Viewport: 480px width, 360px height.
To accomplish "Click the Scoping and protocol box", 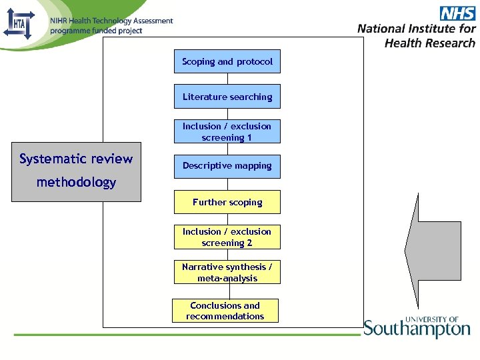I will pos(227,61).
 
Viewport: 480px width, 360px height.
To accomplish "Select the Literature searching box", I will pos(227,96).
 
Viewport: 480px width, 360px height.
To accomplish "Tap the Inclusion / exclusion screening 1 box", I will pos(227,131).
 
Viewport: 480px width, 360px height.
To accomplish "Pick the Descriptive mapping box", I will pos(227,166).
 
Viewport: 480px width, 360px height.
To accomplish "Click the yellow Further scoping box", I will pos(227,202).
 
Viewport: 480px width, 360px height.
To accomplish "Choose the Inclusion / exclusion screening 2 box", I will pos(227,237).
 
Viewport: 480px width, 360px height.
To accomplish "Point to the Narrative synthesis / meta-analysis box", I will pos(227,272).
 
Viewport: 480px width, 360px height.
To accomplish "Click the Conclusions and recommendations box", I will pos(225,311).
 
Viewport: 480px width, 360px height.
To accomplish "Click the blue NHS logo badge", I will pos(457,13).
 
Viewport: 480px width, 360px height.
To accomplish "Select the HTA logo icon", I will pos(18,24).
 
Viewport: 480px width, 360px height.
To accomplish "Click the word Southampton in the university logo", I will pos(417,329).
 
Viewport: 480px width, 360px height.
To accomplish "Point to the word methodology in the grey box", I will pos(76,182).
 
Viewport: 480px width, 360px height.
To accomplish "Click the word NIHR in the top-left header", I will pos(59,21).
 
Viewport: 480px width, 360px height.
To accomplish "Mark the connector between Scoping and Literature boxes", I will pos(227,79).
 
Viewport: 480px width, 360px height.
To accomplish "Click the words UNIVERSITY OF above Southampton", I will pos(432,319).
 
